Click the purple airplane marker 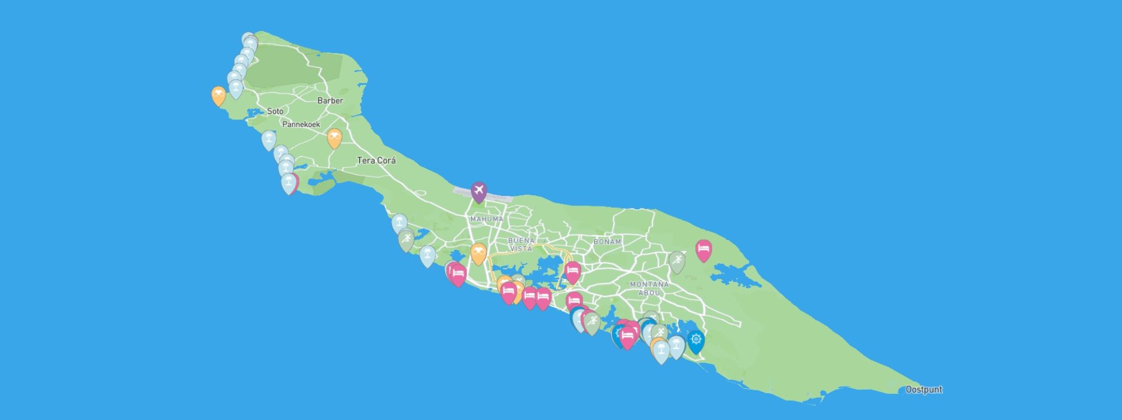pos(479,190)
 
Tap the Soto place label pos(275,111)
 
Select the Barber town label pos(330,101)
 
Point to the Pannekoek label pos(301,124)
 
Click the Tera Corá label pos(376,160)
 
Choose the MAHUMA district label pos(487,219)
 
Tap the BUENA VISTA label pos(521,245)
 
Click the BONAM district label pos(607,242)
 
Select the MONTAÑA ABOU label pos(649,288)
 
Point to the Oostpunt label pos(924,390)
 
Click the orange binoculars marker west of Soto pos(219,95)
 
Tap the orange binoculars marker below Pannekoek pos(334,137)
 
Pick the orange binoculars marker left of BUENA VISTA pos(479,252)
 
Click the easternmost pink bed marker pos(704,249)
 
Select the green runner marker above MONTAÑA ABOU pos(677,261)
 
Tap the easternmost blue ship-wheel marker pos(695,340)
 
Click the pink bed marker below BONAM pos(572,271)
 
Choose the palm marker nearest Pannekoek pos(269,139)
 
